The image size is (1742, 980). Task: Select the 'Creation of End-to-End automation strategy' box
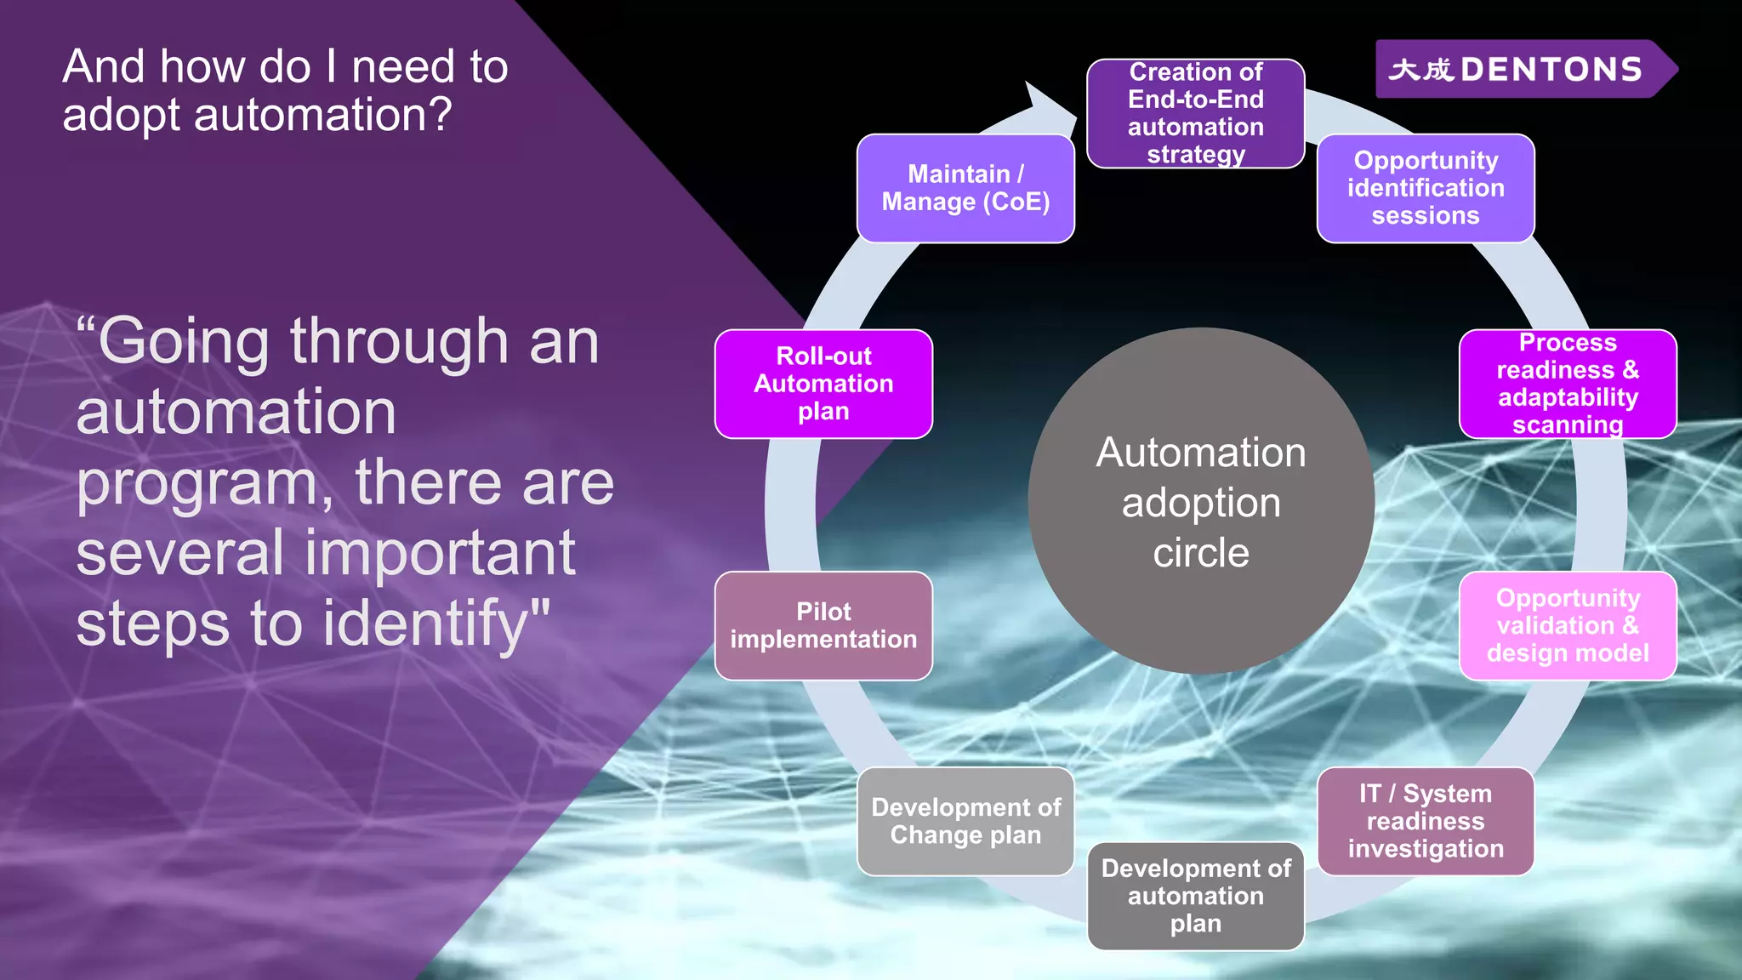[x=1195, y=113]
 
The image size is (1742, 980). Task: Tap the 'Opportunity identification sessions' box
[x=1426, y=188]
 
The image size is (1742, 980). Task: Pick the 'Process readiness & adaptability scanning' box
[x=1568, y=384]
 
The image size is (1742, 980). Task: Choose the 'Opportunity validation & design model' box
[x=1568, y=625]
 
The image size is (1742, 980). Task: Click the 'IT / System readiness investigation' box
[x=1426, y=821]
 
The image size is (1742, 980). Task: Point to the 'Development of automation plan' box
[x=1195, y=896]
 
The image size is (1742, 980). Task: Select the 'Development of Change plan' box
[x=965, y=821]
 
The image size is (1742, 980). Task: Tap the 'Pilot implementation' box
[x=823, y=625]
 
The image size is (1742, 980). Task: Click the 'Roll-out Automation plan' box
[x=823, y=384]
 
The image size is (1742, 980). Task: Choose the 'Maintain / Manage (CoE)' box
[x=965, y=188]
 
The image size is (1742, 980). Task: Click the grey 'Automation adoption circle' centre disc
[x=1201, y=502]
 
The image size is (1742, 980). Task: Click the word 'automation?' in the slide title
[x=323, y=115]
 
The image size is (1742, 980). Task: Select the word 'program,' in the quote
[x=204, y=483]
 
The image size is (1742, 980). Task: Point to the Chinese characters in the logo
[x=1420, y=69]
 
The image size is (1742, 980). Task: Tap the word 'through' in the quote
[x=400, y=342]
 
